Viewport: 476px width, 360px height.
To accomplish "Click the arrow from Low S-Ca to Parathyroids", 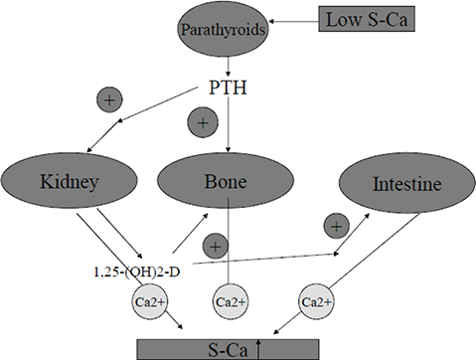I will (298, 18).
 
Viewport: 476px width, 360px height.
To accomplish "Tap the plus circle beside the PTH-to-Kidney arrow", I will (109, 99).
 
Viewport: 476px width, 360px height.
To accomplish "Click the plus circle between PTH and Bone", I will (203, 123).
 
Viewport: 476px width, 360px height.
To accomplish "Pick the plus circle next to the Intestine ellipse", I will (337, 227).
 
